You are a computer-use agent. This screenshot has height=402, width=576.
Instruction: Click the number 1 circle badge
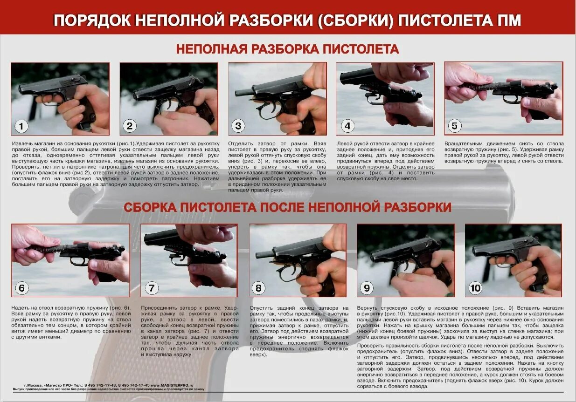click(22, 126)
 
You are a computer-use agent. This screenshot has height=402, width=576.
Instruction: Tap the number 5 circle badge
click(454, 126)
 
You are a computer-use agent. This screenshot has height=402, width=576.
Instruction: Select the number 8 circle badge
click(258, 288)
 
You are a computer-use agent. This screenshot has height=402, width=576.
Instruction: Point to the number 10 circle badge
click(475, 288)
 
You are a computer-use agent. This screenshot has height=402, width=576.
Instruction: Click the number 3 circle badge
click(238, 126)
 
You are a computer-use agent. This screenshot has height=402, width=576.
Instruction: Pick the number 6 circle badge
click(21, 288)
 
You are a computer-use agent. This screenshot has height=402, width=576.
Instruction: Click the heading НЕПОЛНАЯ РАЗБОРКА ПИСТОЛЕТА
click(287, 49)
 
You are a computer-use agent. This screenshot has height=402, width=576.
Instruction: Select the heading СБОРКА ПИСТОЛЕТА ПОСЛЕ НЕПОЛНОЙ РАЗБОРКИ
click(287, 207)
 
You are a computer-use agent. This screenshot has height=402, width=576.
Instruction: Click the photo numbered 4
click(385, 99)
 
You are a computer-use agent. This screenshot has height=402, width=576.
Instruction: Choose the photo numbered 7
click(189, 260)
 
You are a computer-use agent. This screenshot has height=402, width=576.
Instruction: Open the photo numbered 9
click(405, 260)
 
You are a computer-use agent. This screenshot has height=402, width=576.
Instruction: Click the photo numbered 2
click(168, 99)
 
